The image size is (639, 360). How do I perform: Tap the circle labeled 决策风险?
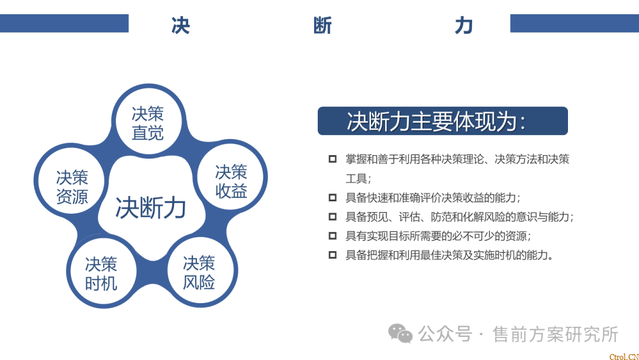pyautogui.click(x=200, y=272)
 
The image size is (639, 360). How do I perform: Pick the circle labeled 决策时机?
pyautogui.click(x=102, y=272)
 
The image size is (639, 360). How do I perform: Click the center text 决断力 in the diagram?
pyautogui.click(x=151, y=207)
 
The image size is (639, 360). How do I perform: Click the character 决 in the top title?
pyautogui.click(x=180, y=25)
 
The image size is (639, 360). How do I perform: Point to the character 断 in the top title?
pyautogui.click(x=322, y=25)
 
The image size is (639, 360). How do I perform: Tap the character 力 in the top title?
pyautogui.click(x=464, y=25)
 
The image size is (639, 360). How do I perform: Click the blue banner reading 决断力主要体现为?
pyautogui.click(x=443, y=121)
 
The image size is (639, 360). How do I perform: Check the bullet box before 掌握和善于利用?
pyautogui.click(x=333, y=159)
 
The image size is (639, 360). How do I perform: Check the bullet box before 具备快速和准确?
pyautogui.click(x=333, y=198)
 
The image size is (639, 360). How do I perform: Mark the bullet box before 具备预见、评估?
pyautogui.click(x=333, y=217)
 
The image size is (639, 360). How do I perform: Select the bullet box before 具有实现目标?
pyautogui.click(x=333, y=236)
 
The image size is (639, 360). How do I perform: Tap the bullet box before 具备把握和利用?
pyautogui.click(x=333, y=255)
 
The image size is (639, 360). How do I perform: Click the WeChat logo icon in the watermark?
pyautogui.click(x=400, y=333)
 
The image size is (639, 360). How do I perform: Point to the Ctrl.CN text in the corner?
pyautogui.click(x=624, y=356)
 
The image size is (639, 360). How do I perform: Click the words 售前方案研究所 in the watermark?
pyautogui.click(x=555, y=335)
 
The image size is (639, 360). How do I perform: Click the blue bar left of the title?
pyautogui.click(x=64, y=23)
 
